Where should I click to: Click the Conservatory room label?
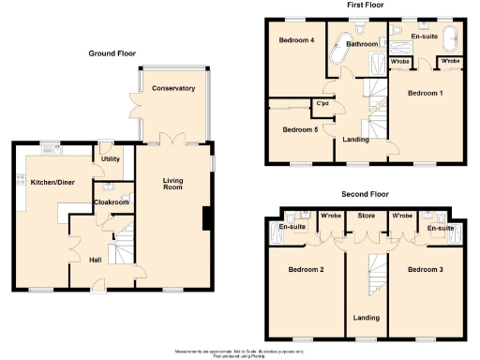(172, 88)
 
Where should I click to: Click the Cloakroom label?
(111, 202)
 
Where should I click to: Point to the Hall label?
(96, 260)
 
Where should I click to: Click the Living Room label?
(172, 186)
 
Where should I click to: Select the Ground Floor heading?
(113, 53)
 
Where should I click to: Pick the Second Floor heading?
(365, 194)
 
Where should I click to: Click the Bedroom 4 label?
(295, 40)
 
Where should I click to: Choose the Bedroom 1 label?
(427, 94)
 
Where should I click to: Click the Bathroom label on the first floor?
(361, 44)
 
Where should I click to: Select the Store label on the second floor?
(365, 216)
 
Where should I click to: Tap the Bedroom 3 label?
(426, 270)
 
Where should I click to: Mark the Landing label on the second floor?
(365, 316)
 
